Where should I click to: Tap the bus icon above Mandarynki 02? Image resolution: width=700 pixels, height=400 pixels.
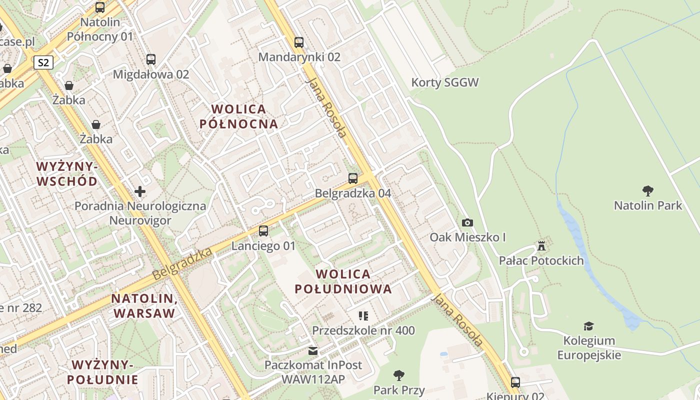(299, 42)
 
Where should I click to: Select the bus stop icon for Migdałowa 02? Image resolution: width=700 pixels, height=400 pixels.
(151, 59)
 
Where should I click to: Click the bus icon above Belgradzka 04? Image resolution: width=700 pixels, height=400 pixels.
(353, 178)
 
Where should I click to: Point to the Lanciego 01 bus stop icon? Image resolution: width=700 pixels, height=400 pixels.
(263, 231)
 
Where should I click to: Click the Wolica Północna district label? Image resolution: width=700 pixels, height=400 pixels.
(238, 116)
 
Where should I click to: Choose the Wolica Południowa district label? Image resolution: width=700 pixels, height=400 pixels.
(343, 281)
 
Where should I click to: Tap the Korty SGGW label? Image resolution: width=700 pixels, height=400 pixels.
(445, 82)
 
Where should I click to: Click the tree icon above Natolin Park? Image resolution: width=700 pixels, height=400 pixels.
(648, 190)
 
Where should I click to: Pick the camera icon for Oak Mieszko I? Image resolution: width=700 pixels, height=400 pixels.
(467, 222)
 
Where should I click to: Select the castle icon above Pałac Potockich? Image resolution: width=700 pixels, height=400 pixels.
(541, 245)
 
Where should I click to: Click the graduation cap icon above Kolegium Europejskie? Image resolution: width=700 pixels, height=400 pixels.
(589, 326)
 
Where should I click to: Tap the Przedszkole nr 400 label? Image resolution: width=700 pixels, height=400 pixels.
(363, 330)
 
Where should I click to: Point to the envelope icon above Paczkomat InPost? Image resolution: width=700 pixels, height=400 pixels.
(313, 350)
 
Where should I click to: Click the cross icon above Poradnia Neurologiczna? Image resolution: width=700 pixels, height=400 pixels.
(140, 191)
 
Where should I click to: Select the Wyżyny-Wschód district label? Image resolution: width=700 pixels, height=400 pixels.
(67, 173)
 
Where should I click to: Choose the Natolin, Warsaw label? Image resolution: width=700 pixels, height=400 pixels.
(144, 306)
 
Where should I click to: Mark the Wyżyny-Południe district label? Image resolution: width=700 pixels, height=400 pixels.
(102, 372)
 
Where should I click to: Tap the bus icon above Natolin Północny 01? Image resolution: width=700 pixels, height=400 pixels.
(100, 7)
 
